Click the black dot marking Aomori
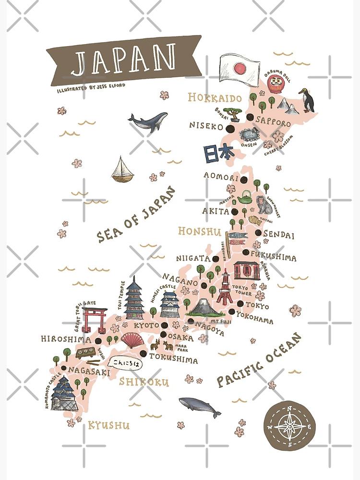pyautogui.click(x=244, y=180)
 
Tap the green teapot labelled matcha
pyautogui.click(x=246, y=197)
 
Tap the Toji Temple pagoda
pyautogui.click(x=134, y=298)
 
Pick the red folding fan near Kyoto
pyautogui.click(x=132, y=340)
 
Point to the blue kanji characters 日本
pyautogui.click(x=218, y=153)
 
